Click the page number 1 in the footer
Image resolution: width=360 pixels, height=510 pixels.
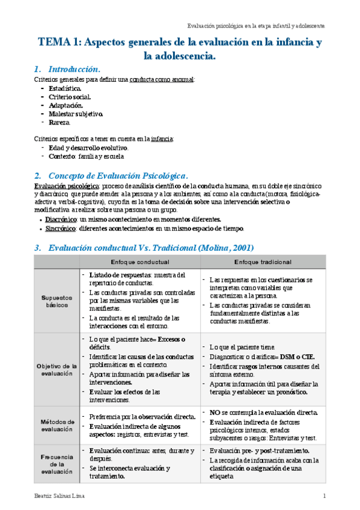click(324, 496)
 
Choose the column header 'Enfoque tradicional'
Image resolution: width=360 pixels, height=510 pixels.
click(263, 262)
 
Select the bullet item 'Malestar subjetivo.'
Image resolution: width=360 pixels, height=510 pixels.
click(76, 114)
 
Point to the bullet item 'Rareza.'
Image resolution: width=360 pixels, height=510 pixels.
click(61, 122)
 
